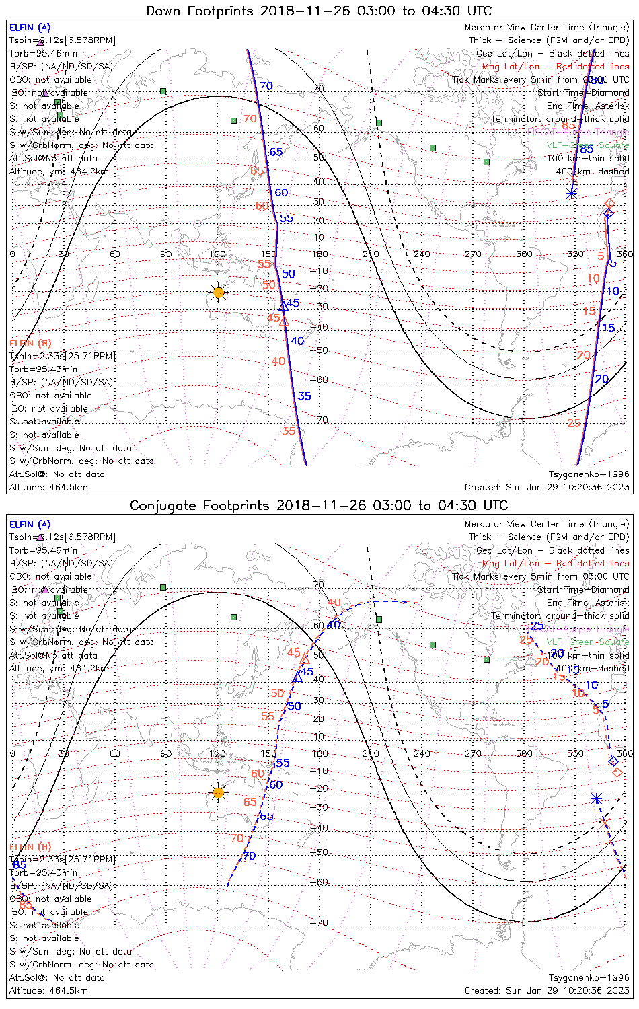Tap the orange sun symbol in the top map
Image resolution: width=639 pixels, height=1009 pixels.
tap(218, 292)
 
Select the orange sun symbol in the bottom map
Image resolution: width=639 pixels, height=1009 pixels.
tap(218, 792)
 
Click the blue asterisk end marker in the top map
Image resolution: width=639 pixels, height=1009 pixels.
tap(571, 194)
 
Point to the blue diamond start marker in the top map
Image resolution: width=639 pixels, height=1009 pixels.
tap(609, 213)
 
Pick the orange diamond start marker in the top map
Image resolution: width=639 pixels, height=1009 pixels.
tap(609, 203)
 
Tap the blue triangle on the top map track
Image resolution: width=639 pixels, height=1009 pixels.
tap(283, 307)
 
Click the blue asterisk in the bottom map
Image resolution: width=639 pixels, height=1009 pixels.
tap(596, 798)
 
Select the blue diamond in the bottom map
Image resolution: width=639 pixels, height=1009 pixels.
tap(613, 761)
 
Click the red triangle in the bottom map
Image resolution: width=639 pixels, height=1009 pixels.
tap(305, 659)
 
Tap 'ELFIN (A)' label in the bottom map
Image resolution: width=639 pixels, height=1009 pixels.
tap(30, 525)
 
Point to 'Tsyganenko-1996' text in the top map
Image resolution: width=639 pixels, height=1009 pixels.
tap(589, 474)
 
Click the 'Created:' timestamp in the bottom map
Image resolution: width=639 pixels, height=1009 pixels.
tap(547, 991)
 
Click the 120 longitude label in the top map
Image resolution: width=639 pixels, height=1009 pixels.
tap(217, 254)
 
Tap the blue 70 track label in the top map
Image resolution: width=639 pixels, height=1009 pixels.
tap(266, 86)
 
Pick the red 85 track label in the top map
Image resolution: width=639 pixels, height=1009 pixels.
tap(568, 126)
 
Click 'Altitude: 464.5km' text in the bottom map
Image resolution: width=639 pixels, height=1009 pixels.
tap(48, 991)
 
